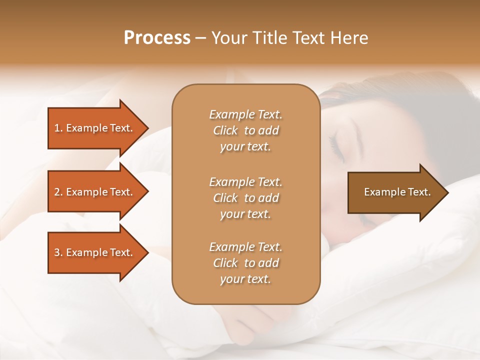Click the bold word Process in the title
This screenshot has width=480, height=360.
tap(157, 38)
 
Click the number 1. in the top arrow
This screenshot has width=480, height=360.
tap(58, 128)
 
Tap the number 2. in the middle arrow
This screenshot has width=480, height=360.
tap(58, 192)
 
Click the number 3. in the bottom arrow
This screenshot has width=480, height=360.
tap(58, 252)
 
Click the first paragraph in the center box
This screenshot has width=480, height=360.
tap(245, 130)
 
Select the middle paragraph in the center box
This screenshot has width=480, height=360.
tap(245, 197)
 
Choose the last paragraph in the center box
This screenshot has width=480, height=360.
tap(245, 263)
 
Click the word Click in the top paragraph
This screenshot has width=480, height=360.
tap(225, 130)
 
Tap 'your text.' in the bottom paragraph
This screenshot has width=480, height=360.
tap(245, 279)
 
